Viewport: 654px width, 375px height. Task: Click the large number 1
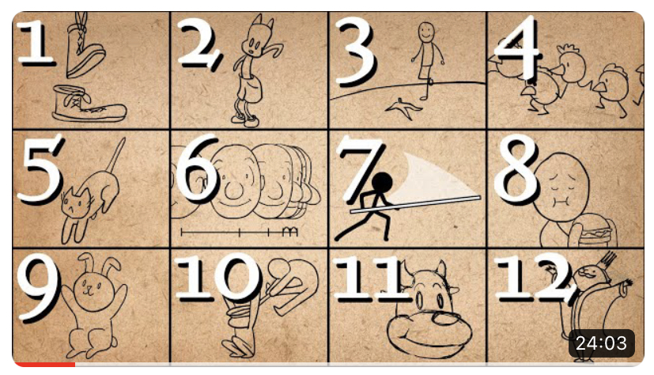coord(36,42)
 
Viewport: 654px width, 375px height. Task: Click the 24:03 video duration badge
coord(601,343)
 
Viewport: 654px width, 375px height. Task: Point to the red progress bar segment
coord(44,365)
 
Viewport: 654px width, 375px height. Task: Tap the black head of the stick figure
coord(381,183)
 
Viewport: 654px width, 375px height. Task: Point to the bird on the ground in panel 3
coord(403,108)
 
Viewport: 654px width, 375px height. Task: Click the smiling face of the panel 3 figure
coord(426,32)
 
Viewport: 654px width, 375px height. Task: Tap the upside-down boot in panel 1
coord(85,48)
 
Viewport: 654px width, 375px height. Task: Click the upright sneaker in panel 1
coord(89,104)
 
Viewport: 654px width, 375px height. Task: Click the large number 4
coord(517,48)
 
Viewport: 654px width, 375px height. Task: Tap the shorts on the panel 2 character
coord(249,89)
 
